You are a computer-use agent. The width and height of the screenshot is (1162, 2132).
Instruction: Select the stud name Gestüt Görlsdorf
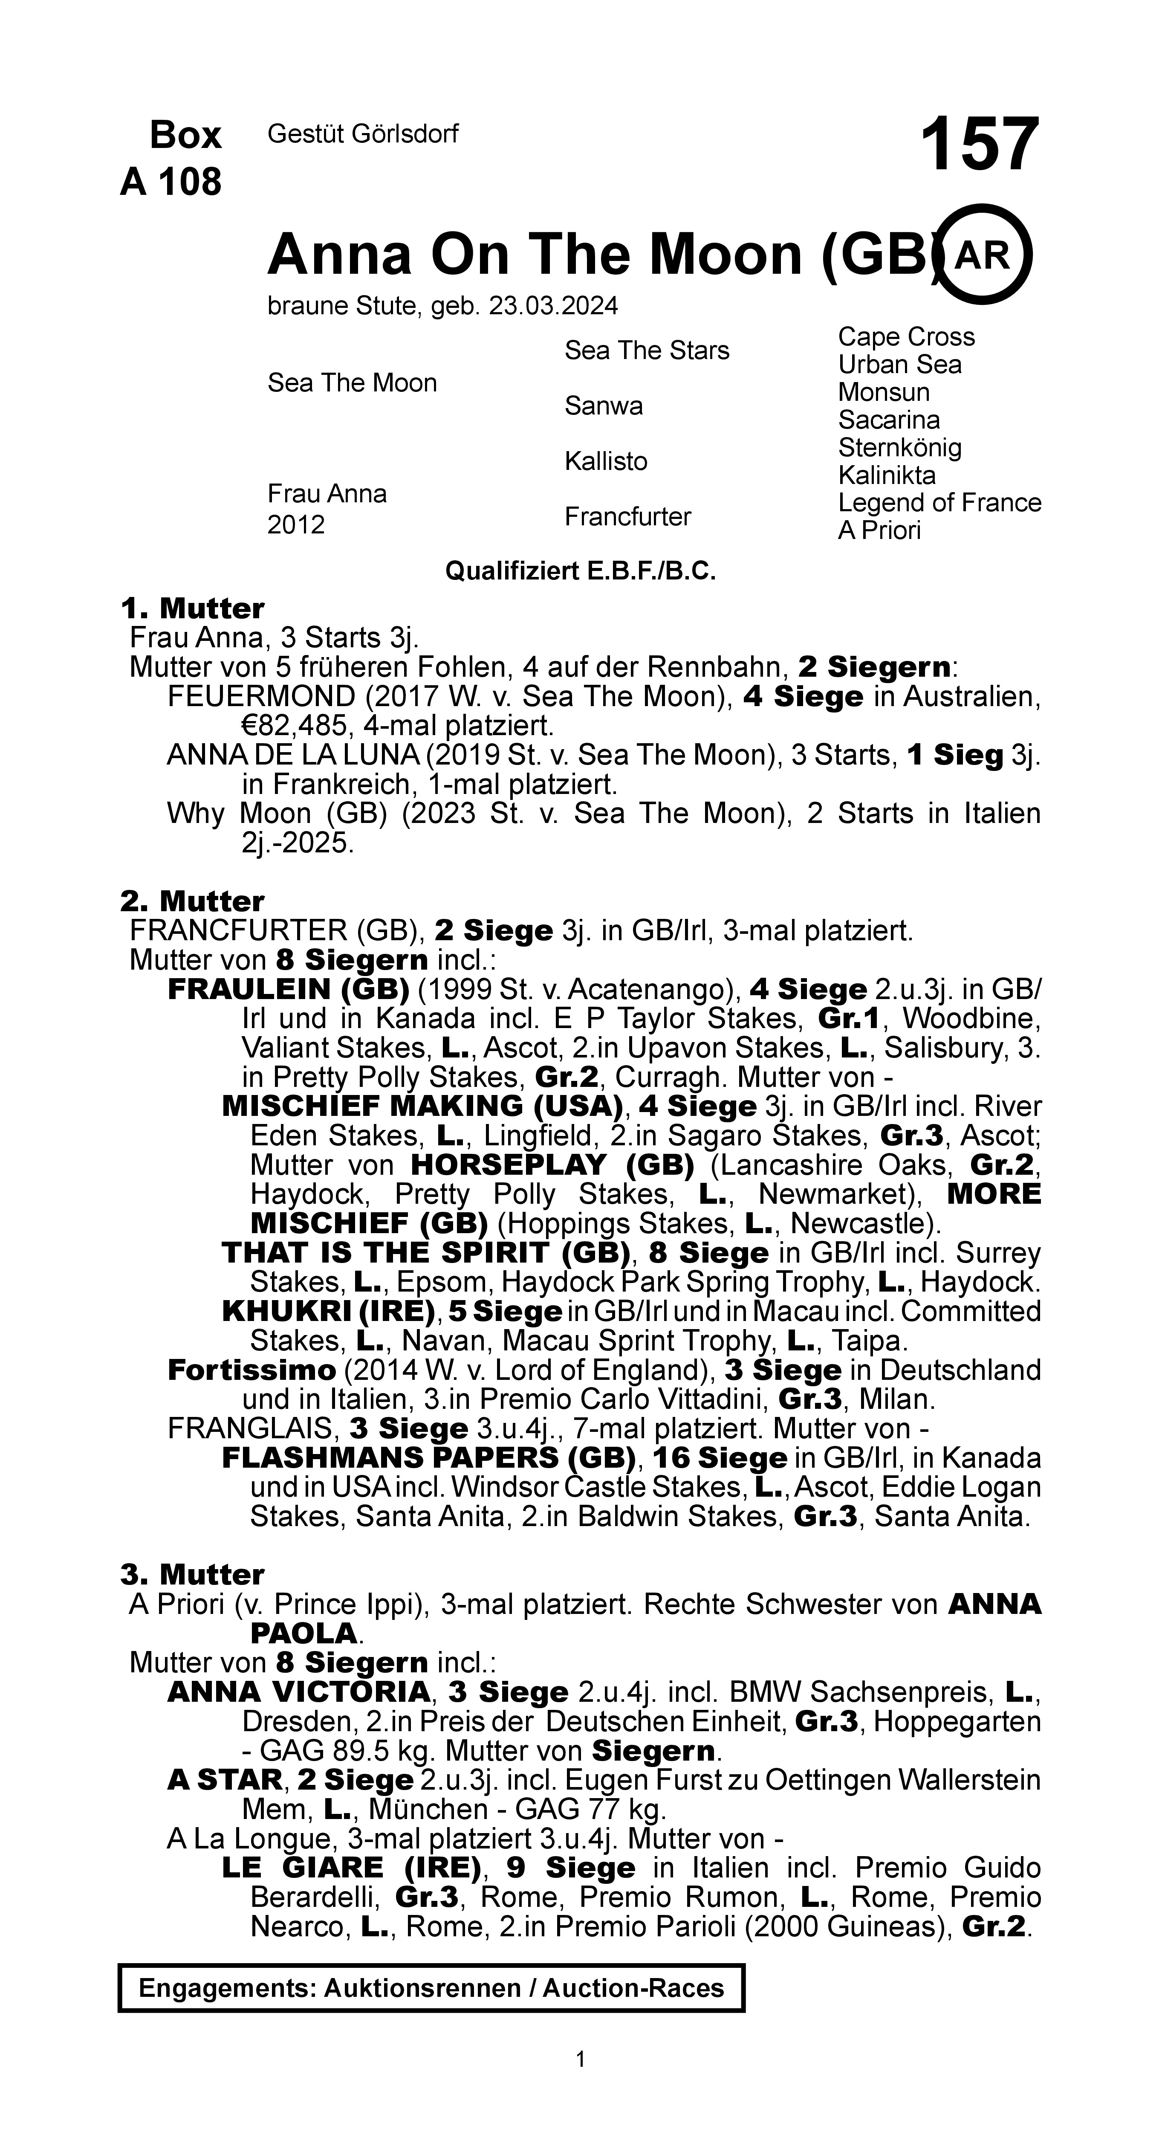(362, 134)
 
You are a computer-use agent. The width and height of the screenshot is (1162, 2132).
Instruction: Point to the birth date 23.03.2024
(554, 306)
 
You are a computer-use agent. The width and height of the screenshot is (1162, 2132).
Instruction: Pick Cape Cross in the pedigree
(906, 337)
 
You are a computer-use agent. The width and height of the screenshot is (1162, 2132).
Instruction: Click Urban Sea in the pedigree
(900, 365)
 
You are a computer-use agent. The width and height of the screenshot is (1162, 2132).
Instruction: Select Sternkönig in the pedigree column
(900, 448)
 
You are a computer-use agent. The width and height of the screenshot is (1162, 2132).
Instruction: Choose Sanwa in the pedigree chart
(603, 406)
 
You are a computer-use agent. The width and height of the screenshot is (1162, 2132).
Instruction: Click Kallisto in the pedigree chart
(606, 461)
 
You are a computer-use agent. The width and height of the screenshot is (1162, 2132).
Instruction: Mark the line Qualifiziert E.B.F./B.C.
(580, 571)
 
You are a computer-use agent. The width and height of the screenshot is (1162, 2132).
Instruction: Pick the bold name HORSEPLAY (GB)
(552, 1164)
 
